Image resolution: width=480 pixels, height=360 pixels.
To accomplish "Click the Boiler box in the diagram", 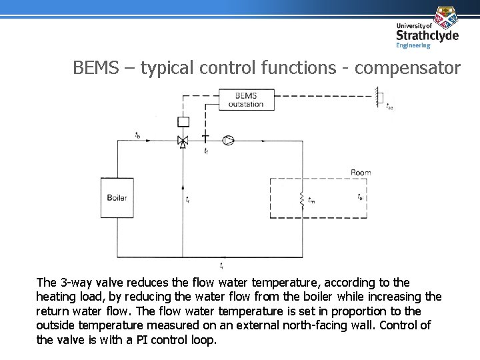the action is click(117, 198).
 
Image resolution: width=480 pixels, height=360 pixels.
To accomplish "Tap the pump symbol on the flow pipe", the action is click(229, 140).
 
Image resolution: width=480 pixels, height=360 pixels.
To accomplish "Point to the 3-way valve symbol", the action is click(183, 141).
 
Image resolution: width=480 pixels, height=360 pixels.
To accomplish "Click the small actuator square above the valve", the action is click(183, 121).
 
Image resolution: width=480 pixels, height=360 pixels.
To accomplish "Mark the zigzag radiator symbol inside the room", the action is click(303, 199).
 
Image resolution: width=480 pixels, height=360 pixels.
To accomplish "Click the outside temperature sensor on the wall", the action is click(379, 96).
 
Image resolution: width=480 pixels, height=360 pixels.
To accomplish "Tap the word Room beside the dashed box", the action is click(361, 173).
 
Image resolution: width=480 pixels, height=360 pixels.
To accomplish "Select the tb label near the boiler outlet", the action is click(137, 135).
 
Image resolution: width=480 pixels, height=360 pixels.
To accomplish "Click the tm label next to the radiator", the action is click(311, 199).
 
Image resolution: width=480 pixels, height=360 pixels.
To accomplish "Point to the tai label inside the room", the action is click(361, 197).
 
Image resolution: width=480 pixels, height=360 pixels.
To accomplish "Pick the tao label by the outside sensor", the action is click(389, 105).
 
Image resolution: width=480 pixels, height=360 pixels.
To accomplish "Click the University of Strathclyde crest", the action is click(445, 16).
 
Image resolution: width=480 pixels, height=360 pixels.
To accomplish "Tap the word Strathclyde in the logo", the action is click(427, 35).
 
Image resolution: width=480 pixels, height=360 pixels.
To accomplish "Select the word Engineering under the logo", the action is click(413, 46).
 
